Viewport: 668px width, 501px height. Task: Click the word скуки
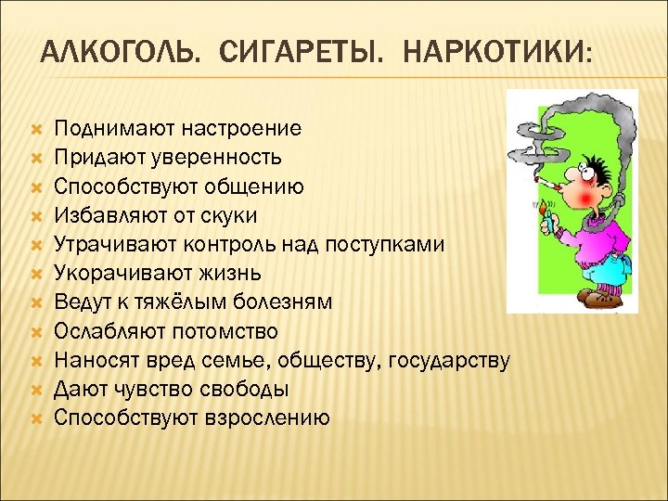pos(231,215)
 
